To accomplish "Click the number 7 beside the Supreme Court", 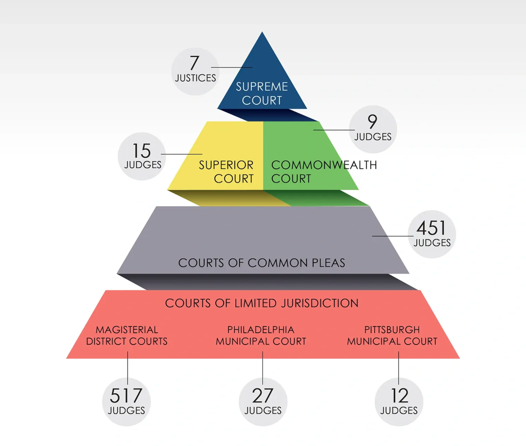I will [x=194, y=63].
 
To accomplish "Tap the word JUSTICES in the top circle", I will [x=195, y=78].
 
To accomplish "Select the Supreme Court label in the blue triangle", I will [x=262, y=94].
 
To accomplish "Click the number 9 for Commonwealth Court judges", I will [x=372, y=121].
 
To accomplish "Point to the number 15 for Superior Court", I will [x=142, y=151].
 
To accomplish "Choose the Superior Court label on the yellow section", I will [x=226, y=172].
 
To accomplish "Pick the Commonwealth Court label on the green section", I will [x=323, y=172].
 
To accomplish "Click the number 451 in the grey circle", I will [x=431, y=228].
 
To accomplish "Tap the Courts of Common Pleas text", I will [x=261, y=263].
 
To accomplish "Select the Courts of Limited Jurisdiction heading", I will [x=261, y=303].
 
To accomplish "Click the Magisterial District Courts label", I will [x=127, y=336].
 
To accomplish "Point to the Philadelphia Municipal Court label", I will [x=261, y=336].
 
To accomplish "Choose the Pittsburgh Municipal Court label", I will [x=392, y=336].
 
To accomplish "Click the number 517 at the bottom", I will [x=126, y=396].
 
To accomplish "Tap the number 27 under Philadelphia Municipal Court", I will [x=263, y=396].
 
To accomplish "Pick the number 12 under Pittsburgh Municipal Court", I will [x=399, y=396].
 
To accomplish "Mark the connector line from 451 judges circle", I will [x=393, y=236].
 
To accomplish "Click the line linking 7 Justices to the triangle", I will [x=232, y=67].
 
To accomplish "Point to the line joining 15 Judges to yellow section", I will [x=182, y=154].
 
